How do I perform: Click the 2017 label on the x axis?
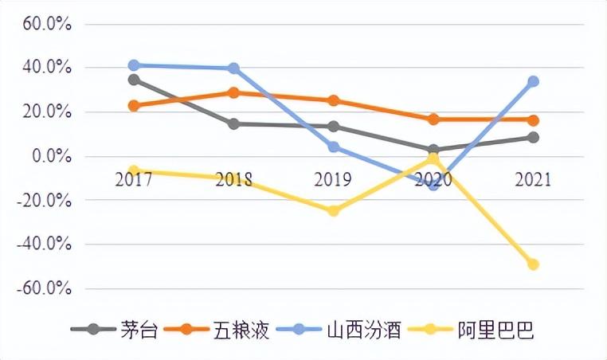pos(134,179)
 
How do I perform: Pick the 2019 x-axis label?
pos(334,179)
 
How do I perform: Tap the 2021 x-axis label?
pos(532,179)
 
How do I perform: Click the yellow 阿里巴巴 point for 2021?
pos(533,264)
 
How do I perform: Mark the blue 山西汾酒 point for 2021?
pos(533,81)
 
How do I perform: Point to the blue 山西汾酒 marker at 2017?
pos(134,65)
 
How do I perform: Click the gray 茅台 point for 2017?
pos(134,80)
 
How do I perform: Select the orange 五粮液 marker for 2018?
pos(233,92)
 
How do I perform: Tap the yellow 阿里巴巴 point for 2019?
pos(334,211)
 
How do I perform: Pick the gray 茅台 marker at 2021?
pos(533,138)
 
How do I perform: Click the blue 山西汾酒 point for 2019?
pos(334,147)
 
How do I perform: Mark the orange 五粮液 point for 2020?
pos(433,119)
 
